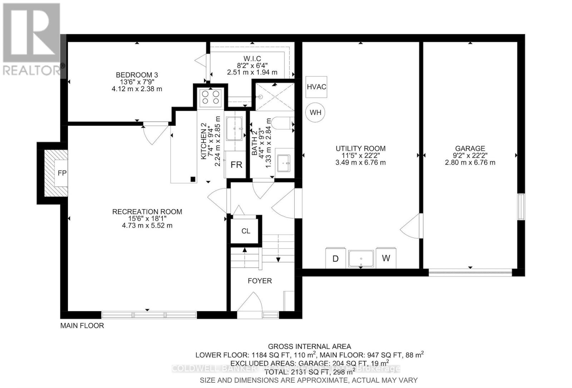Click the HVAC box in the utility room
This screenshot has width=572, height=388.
(316, 87)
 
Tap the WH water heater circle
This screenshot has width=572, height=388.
(315, 113)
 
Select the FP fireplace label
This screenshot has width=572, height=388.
(62, 173)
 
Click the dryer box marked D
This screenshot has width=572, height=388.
(336, 258)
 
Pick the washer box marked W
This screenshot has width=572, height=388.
(386, 258)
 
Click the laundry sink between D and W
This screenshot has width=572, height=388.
(361, 259)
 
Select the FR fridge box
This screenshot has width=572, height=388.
(236, 165)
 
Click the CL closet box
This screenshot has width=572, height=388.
(246, 231)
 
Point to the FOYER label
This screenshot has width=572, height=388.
(260, 281)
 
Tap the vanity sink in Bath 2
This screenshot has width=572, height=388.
(285, 163)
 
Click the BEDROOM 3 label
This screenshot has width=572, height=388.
(137, 75)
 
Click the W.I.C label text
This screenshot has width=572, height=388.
(252, 59)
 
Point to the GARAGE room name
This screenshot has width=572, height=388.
(470, 148)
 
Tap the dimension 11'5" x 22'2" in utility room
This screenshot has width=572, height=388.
(361, 156)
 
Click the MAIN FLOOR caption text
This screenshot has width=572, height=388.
(82, 326)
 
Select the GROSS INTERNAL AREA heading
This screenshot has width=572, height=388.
(309, 347)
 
